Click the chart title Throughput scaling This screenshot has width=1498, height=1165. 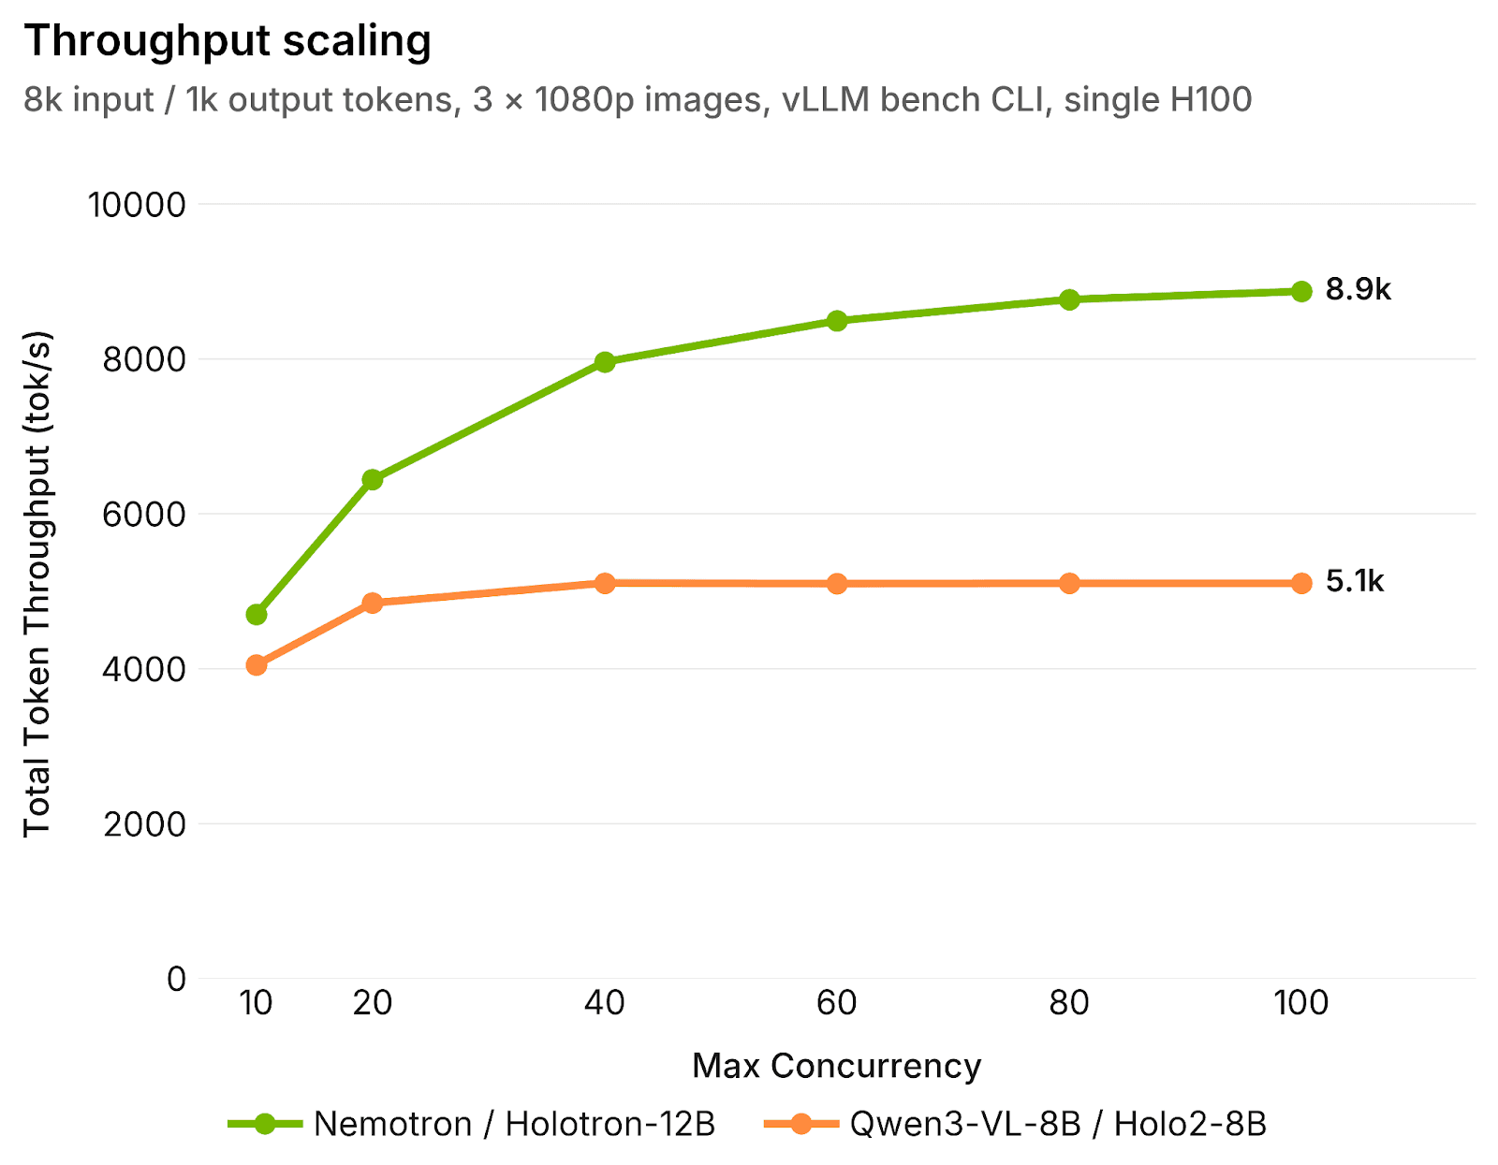(x=228, y=41)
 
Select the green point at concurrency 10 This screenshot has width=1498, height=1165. (x=257, y=615)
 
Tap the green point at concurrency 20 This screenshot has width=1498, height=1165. (x=373, y=480)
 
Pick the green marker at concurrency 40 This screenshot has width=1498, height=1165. (x=605, y=362)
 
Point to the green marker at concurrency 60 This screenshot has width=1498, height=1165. (x=837, y=321)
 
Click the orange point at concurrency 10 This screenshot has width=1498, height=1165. (x=257, y=665)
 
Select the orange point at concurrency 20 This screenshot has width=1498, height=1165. (x=373, y=603)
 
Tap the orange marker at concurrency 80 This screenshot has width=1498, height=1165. (x=1069, y=584)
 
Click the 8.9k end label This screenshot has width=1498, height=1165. (x=1358, y=290)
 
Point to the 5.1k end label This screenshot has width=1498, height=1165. (x=1354, y=582)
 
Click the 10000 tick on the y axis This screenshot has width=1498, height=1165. (x=137, y=205)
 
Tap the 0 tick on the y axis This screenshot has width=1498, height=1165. (x=177, y=980)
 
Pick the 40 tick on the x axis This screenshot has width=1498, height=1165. (x=605, y=1003)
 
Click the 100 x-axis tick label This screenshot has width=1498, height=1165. (x=1301, y=1003)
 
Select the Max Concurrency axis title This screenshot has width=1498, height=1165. (x=836, y=1066)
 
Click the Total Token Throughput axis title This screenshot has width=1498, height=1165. (x=37, y=584)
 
